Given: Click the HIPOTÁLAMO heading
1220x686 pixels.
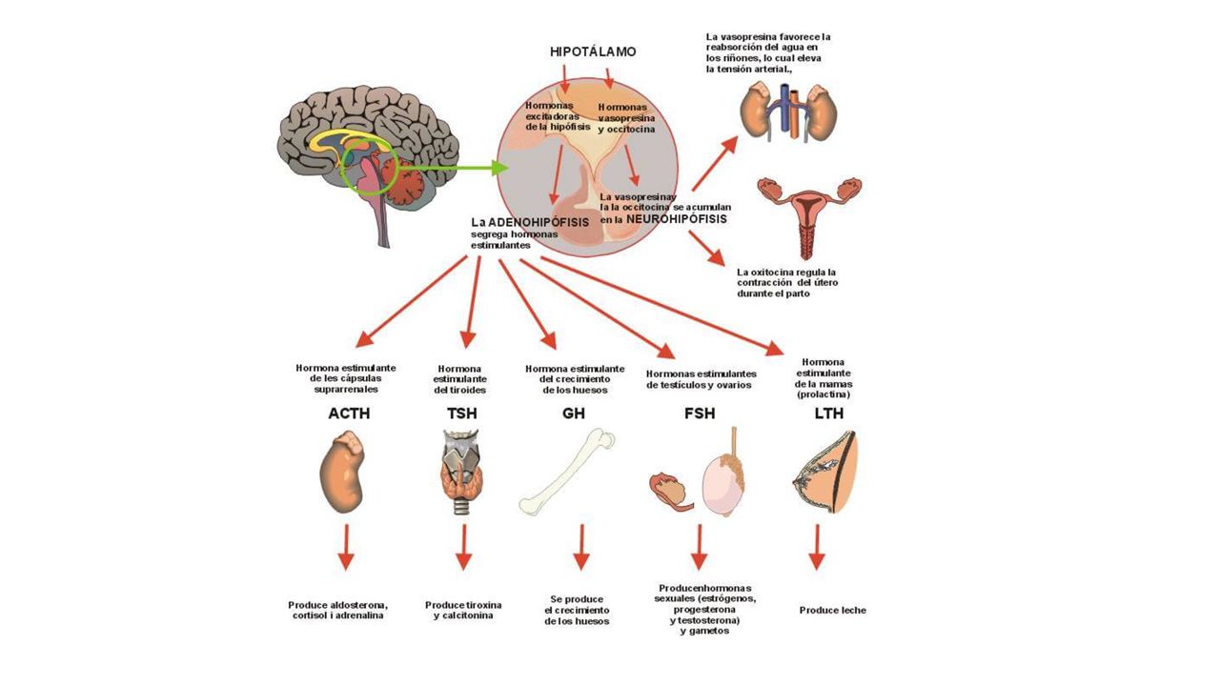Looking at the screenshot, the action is click(593, 51).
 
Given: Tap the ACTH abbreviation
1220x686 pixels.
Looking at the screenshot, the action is click(349, 414).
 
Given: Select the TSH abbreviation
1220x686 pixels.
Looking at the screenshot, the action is click(462, 414).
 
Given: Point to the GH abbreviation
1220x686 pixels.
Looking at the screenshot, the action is click(574, 414).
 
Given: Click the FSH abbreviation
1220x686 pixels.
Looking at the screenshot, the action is click(700, 414).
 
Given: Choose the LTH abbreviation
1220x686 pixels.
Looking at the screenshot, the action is click(829, 414).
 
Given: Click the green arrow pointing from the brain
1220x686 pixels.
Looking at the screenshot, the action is click(453, 168).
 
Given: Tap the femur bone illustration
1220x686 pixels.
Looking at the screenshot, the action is click(567, 472).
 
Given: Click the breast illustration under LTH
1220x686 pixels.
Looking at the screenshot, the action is click(826, 473).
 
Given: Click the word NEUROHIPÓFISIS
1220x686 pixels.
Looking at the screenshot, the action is click(677, 219).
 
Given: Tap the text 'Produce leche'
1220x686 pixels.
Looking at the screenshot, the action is click(832, 611).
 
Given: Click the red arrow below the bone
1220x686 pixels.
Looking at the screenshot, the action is click(581, 547).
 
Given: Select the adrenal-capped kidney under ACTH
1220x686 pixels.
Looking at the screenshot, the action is click(341, 472).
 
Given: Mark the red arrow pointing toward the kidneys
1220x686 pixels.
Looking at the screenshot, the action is click(715, 163).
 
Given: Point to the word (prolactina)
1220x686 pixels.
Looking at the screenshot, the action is click(823, 394).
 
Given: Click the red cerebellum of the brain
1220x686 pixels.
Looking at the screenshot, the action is click(403, 181).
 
